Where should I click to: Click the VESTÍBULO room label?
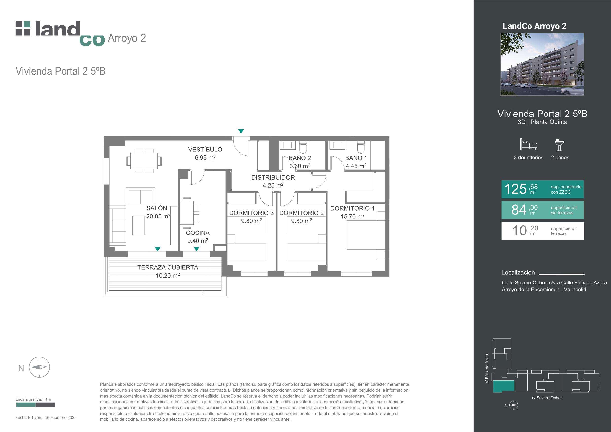[205, 149]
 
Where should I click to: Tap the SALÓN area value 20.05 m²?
[158, 216]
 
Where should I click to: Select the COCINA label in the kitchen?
[198, 233]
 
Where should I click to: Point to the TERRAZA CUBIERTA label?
[168, 267]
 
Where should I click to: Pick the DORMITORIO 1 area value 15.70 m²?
[352, 216]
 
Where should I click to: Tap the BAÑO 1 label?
[356, 158]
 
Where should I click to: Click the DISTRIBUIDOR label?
[273, 177]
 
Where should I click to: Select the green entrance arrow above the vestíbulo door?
[241, 131]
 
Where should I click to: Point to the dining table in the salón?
[144, 161]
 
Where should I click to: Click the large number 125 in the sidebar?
[515, 189]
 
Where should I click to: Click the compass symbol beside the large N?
[39, 367]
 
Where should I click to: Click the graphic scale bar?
[36, 405]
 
